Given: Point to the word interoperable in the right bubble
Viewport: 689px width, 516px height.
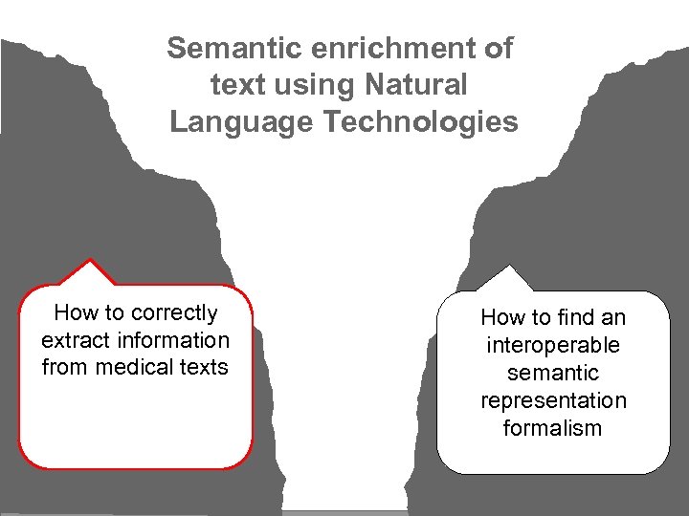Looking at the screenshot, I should click(x=553, y=345).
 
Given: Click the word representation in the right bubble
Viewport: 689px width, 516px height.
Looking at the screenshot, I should click(x=553, y=400).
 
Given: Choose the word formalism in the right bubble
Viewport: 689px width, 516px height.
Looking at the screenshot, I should click(x=553, y=428).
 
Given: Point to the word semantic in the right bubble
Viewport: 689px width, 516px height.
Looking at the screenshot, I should click(x=553, y=373).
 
